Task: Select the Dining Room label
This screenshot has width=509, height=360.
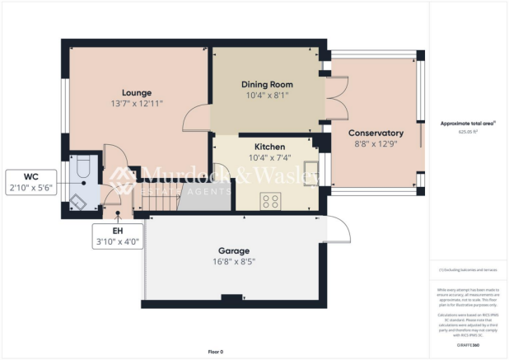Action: point(267,85)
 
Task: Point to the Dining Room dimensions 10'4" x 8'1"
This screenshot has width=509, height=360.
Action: point(267,96)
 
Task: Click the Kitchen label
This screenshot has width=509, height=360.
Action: point(265,147)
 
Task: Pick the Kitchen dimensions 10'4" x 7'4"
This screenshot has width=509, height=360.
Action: point(265,157)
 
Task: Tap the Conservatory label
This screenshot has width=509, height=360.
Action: point(376,133)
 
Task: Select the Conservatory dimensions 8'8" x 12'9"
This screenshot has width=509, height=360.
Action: point(376,143)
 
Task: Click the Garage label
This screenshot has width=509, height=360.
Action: point(234,250)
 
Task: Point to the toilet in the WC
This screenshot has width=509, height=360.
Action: point(82,168)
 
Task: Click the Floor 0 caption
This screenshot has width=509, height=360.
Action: point(215,352)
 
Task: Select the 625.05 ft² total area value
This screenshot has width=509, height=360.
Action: point(469,131)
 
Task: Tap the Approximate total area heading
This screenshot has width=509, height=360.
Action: point(468,123)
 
